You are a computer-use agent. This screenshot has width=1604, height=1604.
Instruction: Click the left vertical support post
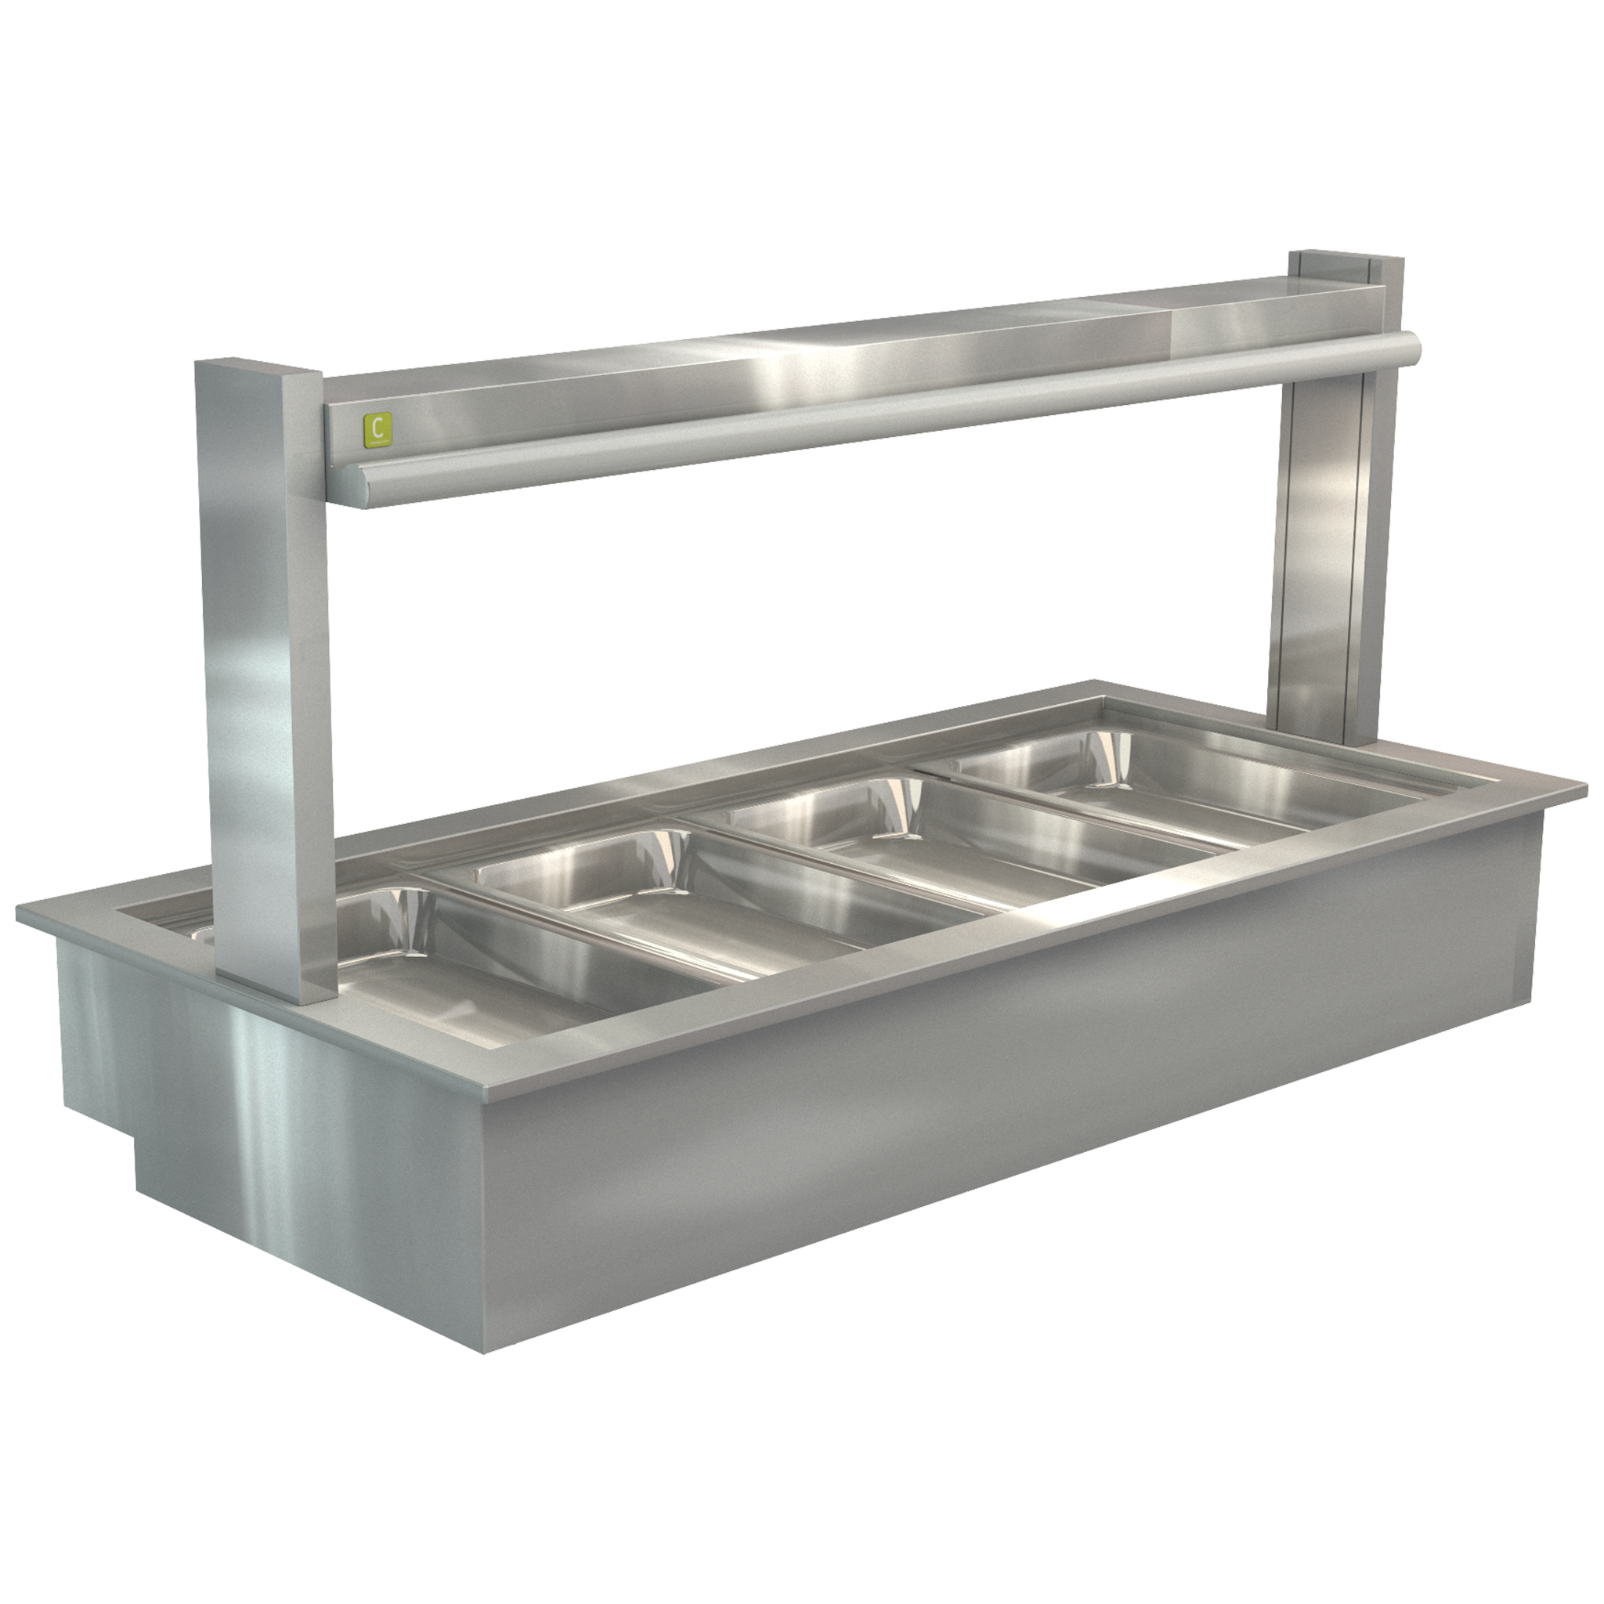(x=264, y=664)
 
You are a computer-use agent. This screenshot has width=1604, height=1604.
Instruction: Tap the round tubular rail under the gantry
(x=830, y=415)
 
